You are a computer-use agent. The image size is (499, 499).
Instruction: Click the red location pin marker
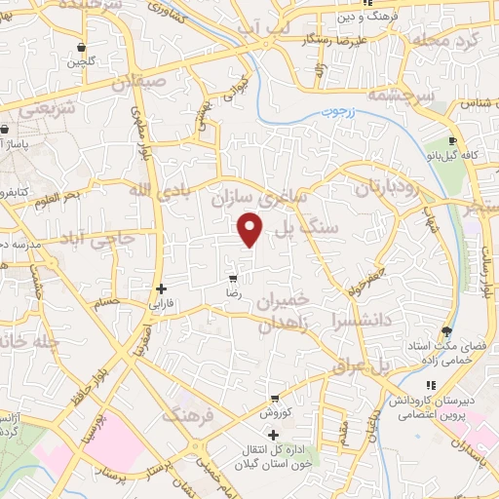click(250, 229)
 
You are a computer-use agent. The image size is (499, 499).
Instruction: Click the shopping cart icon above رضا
click(232, 278)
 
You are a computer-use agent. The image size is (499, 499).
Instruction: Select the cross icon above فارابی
click(161, 288)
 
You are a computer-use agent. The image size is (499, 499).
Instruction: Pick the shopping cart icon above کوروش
click(276, 398)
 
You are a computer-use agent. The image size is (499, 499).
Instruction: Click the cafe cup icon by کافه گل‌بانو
click(453, 141)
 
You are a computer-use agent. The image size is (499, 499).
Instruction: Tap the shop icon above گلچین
click(81, 47)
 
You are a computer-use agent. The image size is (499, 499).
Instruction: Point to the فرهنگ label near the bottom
click(186, 416)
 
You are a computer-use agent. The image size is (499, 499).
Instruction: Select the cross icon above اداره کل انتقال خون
click(273, 434)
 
